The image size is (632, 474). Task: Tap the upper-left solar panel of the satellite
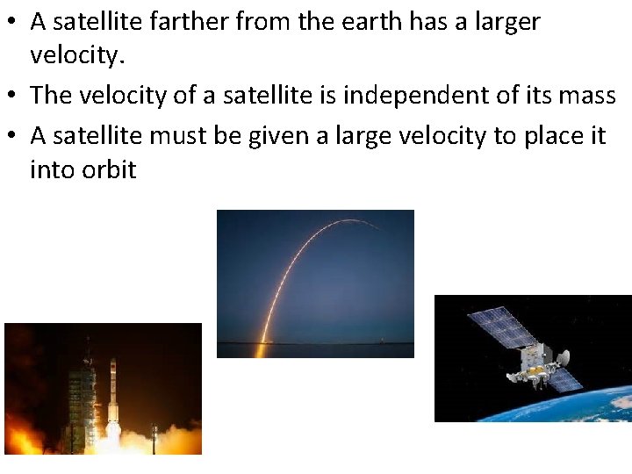(501, 328)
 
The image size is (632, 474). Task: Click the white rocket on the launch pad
(113, 399)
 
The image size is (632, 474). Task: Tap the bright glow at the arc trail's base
(260, 348)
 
